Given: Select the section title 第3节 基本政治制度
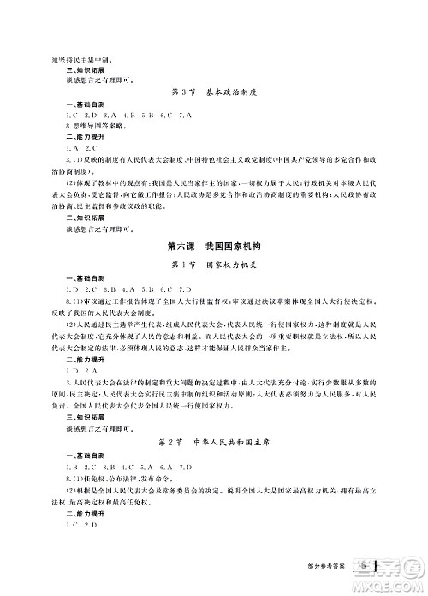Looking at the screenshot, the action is click(213, 91).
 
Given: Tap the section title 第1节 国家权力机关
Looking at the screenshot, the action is click(213, 264).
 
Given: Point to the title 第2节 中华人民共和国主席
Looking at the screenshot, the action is click(213, 444).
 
